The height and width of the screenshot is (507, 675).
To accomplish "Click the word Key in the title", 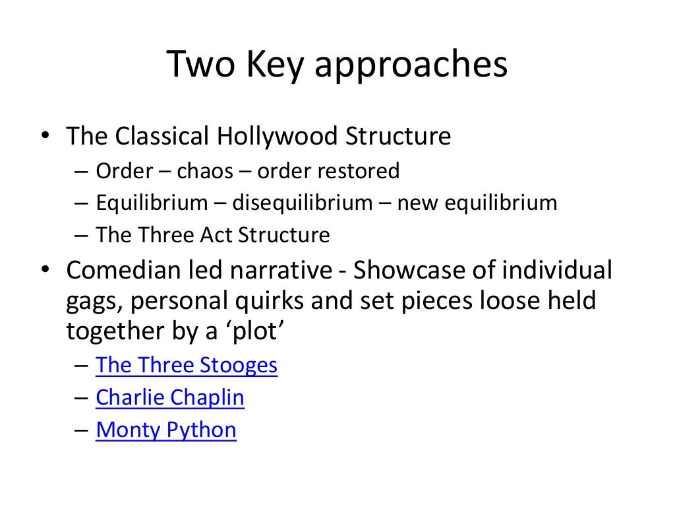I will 272,65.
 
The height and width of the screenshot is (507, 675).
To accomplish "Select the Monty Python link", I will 166,430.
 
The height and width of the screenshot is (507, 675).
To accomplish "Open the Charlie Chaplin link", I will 170,398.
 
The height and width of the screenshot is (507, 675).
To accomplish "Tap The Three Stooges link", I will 187,365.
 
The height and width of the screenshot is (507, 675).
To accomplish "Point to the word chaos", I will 204,172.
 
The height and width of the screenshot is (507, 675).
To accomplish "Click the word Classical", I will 162,137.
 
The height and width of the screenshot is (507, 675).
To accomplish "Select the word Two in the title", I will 200,65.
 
